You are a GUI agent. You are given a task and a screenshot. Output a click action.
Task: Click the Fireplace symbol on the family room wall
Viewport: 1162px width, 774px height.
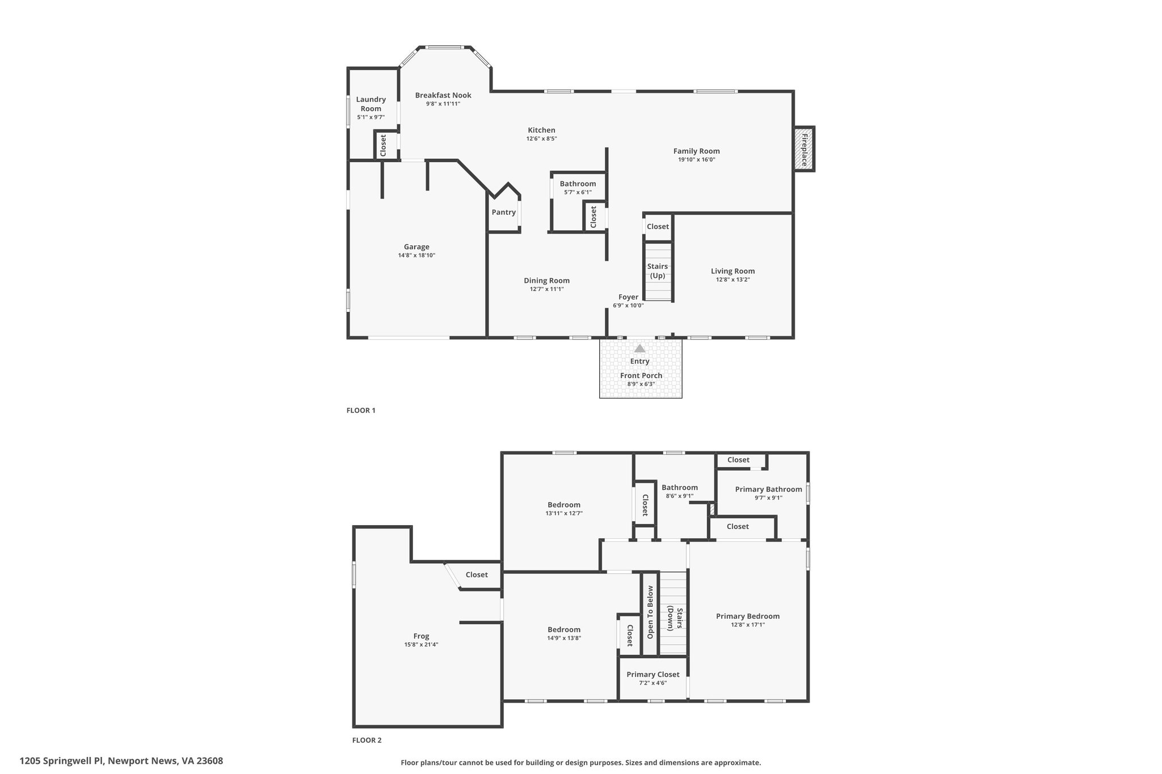804,149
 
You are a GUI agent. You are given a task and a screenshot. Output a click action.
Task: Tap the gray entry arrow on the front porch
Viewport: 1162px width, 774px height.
639,348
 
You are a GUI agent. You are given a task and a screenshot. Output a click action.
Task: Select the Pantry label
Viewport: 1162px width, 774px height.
504,213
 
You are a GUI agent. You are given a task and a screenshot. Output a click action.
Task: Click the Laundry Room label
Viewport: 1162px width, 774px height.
371,104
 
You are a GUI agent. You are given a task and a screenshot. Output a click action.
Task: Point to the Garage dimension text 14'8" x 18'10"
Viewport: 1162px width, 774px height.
416,255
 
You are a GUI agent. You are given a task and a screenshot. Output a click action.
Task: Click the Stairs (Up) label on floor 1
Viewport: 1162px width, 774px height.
658,271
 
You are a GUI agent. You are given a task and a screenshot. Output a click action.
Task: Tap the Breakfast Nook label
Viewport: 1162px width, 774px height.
443,95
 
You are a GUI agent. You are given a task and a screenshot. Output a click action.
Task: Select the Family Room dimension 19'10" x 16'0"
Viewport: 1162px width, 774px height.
697,159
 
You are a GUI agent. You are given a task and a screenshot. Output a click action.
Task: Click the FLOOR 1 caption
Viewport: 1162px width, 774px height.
361,411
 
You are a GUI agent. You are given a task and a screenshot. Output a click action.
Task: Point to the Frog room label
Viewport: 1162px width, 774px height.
421,636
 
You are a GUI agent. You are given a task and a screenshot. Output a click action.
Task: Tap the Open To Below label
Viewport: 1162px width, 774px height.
651,612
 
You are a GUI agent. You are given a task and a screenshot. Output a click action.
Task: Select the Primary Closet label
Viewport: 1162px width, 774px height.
653,675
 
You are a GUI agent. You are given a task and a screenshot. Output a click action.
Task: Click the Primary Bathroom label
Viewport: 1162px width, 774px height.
769,489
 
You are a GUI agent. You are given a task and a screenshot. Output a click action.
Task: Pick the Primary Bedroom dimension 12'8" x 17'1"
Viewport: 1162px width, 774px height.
748,624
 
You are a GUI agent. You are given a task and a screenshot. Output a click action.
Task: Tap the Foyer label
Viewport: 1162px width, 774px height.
628,297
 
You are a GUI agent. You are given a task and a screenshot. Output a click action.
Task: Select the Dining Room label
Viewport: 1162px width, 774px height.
547,281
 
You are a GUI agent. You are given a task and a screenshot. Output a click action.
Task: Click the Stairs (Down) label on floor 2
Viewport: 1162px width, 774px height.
675,619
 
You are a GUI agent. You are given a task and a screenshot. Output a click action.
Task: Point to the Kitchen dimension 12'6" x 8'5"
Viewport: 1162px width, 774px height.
542,138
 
